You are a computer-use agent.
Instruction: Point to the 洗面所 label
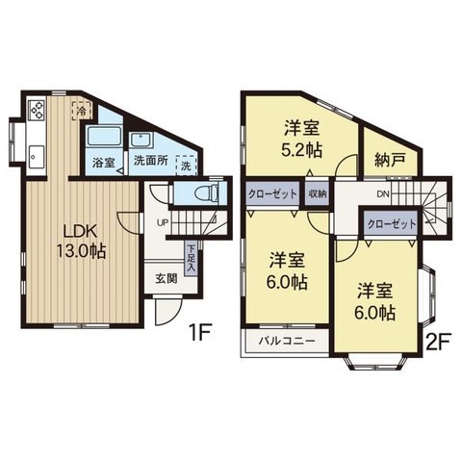[150, 163]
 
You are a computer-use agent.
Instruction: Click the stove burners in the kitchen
[36, 110]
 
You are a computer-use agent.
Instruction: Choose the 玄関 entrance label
[165, 279]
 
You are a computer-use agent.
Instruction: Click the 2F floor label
[439, 340]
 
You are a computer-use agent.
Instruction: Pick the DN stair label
[383, 193]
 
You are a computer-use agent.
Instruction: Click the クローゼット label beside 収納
[272, 192]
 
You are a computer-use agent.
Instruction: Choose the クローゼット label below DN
[393, 223]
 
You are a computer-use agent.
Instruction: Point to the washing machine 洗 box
[186, 165]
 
